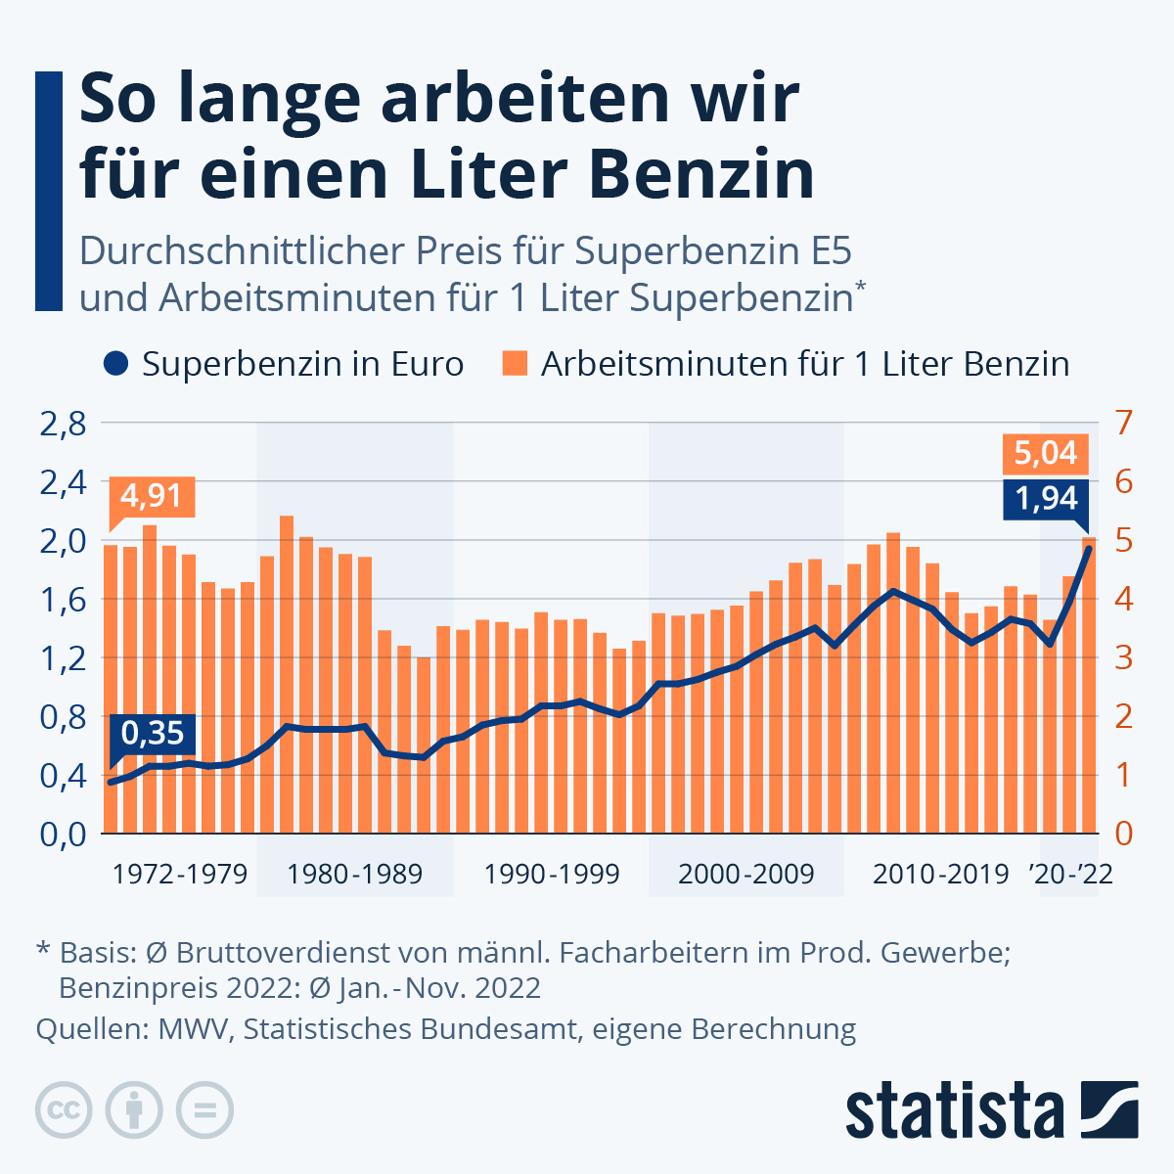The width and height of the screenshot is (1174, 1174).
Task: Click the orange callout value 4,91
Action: (x=152, y=495)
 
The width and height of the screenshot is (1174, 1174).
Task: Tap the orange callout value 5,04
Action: (x=1045, y=453)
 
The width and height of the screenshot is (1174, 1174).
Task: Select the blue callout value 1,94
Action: (x=1045, y=498)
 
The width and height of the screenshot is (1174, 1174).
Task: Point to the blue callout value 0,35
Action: (x=154, y=733)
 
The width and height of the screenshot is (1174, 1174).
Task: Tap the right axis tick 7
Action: (x=1123, y=425)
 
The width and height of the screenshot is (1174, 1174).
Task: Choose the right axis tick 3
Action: (x=1123, y=657)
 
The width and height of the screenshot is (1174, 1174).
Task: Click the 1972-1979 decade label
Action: (x=180, y=874)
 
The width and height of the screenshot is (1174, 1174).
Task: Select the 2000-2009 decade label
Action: (x=745, y=874)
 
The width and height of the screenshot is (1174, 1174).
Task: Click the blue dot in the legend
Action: (x=115, y=364)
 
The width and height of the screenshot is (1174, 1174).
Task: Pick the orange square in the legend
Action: (x=515, y=364)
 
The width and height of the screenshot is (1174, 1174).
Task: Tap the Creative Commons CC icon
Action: (x=64, y=1109)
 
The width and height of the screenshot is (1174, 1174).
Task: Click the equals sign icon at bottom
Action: (x=205, y=1109)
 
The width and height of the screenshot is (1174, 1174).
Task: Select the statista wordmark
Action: (x=954, y=1109)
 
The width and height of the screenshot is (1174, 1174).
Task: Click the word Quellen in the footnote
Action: (x=85, y=1029)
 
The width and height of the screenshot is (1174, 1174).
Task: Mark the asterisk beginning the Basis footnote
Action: (x=43, y=949)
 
